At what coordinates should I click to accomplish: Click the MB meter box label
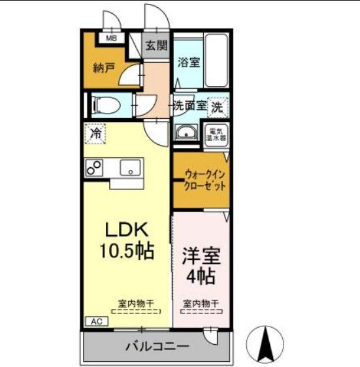click(111, 38)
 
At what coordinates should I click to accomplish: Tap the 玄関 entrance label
click(155, 46)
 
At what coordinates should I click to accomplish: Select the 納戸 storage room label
click(104, 67)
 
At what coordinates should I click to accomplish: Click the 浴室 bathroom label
click(189, 62)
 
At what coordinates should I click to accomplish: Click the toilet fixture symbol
click(103, 104)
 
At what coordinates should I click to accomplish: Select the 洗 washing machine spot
click(220, 104)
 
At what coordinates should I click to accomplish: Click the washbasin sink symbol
click(186, 133)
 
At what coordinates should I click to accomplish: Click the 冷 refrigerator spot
click(95, 135)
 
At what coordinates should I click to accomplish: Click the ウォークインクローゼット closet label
click(205, 180)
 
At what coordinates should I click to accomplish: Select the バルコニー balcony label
click(157, 346)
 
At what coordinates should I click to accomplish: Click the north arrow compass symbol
click(266, 343)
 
